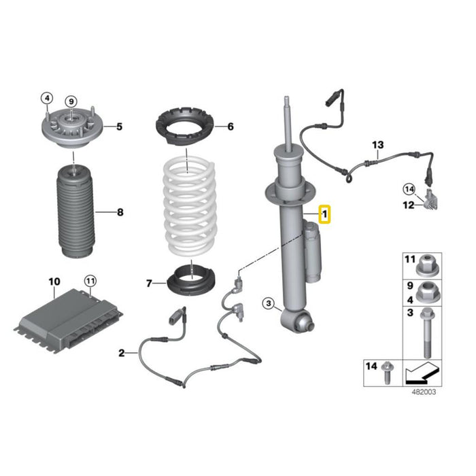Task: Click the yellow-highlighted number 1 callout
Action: pos(324,214)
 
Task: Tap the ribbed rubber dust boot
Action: pos(75,211)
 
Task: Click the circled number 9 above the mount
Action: pos(71,101)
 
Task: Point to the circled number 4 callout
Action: pos(47,98)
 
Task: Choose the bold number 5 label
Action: pos(119,126)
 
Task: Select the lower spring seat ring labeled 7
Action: pos(192,281)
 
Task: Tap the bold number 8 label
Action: pos(120,212)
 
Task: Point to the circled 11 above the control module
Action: pos(90,281)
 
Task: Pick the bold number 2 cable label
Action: pos(122,353)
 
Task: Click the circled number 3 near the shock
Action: pos(269,303)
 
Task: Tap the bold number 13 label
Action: pos(378,145)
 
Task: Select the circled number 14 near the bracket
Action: pos(409,190)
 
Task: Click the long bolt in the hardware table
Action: pos(426,333)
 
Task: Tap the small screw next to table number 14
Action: pos(387,373)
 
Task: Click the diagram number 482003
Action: pos(424,392)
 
